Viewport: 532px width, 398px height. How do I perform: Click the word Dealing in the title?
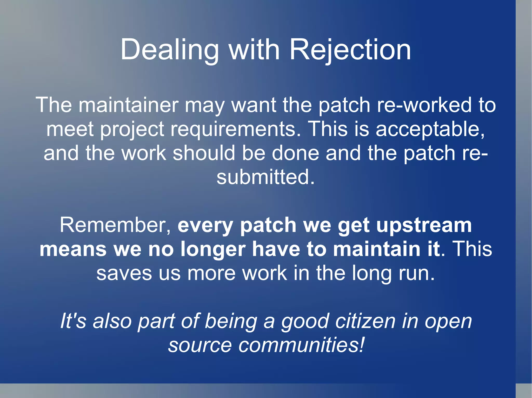tap(169, 49)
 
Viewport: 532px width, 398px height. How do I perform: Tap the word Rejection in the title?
tap(350, 49)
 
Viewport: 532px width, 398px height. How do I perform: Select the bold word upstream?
tap(424, 225)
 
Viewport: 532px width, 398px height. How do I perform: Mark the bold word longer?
tap(213, 249)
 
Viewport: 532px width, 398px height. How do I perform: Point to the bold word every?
tap(205, 225)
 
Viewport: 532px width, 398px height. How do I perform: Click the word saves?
tap(124, 273)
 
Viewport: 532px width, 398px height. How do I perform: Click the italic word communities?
tap(301, 345)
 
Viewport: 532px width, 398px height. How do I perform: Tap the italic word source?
tap(200, 345)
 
